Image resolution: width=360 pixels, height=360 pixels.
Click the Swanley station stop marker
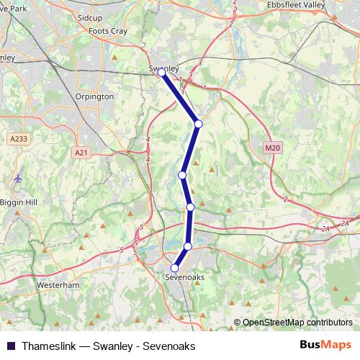tap(161, 73)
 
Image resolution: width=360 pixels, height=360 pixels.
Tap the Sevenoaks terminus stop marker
tap(174, 268)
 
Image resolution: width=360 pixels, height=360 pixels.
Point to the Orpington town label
tap(94, 96)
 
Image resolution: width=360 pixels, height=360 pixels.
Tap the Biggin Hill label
tap(18, 201)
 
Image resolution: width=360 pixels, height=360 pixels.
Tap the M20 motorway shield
tap(271, 148)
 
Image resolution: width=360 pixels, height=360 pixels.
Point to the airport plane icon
tap(17, 177)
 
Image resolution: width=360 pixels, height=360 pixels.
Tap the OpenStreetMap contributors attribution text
tap(296, 323)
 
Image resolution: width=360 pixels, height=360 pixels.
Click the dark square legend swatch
tap(9, 346)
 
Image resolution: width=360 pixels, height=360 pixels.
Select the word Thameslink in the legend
tap(45, 346)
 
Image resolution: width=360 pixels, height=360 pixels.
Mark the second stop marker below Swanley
tap(183, 175)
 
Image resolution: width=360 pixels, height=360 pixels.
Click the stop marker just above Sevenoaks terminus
tap(188, 246)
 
